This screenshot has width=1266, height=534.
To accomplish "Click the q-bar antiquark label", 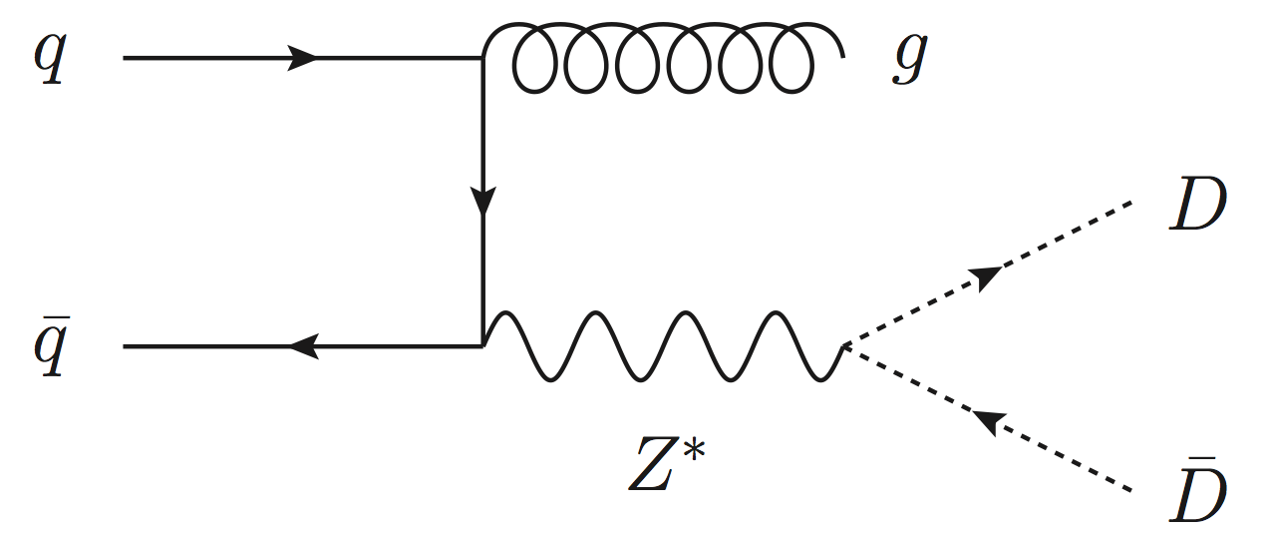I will tap(47, 349).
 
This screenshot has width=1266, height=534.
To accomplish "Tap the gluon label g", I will tap(908, 63).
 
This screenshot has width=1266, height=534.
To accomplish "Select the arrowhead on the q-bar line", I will tap(302, 346).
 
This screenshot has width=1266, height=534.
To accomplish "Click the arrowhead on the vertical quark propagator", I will tap(482, 204).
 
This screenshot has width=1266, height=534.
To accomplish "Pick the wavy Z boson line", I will tap(663, 346).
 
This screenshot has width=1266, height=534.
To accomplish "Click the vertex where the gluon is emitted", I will tap(482, 59).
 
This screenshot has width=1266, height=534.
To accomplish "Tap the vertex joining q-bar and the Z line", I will tap(482, 346).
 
